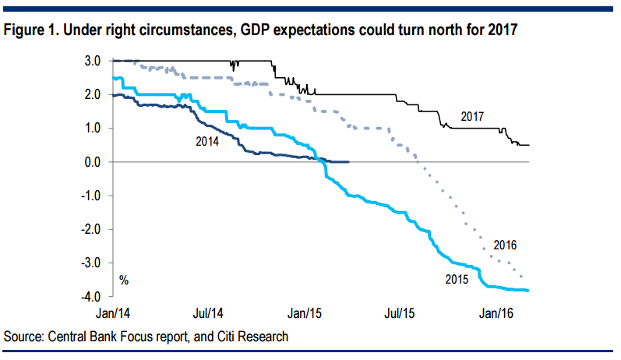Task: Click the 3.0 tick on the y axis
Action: pos(93,61)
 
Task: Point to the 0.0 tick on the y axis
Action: pos(93,162)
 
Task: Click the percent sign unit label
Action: pos(123,279)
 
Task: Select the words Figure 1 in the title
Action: pos(30,31)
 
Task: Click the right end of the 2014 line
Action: pos(348,162)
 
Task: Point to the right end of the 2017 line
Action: pos(530,145)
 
